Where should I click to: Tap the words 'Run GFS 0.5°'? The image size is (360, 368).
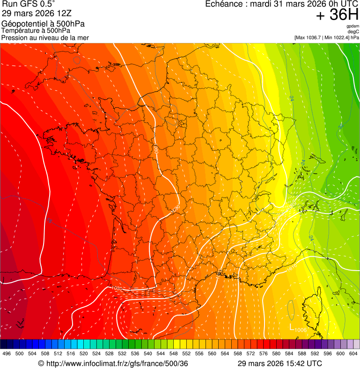coord(29,4)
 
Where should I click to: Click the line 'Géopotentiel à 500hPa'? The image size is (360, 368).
coord(44,24)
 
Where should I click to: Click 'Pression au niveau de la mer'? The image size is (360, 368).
coord(45,37)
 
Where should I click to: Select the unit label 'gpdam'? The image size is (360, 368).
coord(353,26)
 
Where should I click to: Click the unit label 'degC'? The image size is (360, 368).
coord(353,32)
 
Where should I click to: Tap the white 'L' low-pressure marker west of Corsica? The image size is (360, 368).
coord(291,327)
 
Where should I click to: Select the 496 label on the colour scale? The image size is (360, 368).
coord(7,353)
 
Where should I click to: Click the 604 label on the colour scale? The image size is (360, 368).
coord(353,353)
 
